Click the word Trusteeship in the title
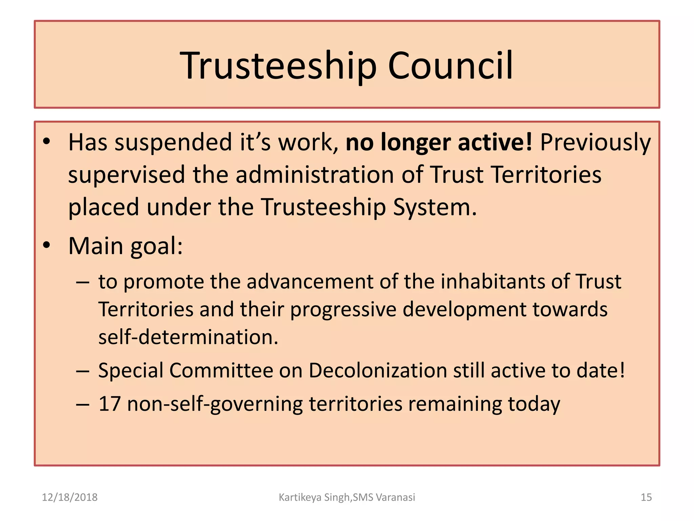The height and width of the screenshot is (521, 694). tap(278, 66)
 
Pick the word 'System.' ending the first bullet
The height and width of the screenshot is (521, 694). tap(434, 208)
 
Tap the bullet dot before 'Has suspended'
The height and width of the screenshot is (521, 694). tap(47, 141)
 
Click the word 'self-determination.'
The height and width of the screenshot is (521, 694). tap(188, 337)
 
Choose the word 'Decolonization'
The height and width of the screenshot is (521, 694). tap(378, 370)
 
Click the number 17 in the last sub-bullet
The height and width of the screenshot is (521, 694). tap(109, 404)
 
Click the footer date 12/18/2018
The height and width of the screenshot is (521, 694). tap(69, 497)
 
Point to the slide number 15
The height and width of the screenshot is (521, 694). tap(646, 497)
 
